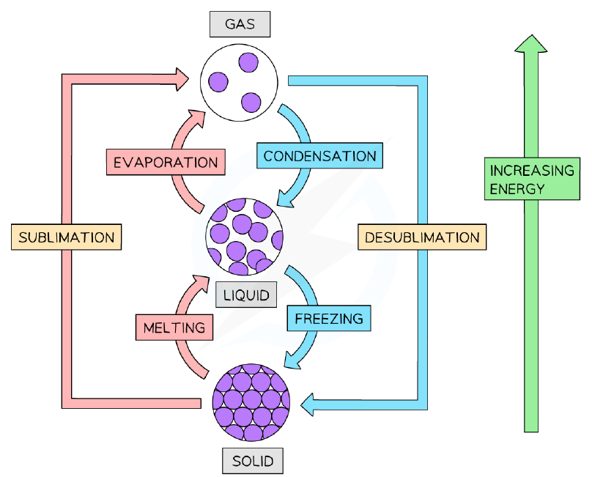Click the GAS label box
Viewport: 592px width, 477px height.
click(x=240, y=24)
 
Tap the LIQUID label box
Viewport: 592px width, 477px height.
click(x=246, y=295)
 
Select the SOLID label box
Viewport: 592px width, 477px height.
click(x=253, y=461)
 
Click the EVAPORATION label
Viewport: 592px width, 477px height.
click(x=166, y=162)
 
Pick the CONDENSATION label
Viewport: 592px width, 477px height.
click(x=319, y=155)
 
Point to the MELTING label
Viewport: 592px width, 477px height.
click(x=174, y=328)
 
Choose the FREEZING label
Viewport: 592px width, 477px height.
click(x=329, y=319)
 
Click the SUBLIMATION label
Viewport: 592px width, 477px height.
click(x=67, y=237)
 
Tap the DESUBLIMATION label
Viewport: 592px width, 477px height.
click(x=422, y=237)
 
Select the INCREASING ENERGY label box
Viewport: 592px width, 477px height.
click(x=532, y=179)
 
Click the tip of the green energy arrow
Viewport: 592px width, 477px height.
click(x=531, y=35)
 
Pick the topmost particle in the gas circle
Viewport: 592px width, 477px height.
click(x=248, y=62)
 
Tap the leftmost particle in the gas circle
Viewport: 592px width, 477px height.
click(x=218, y=82)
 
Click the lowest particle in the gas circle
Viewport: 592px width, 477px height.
click(x=251, y=103)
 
